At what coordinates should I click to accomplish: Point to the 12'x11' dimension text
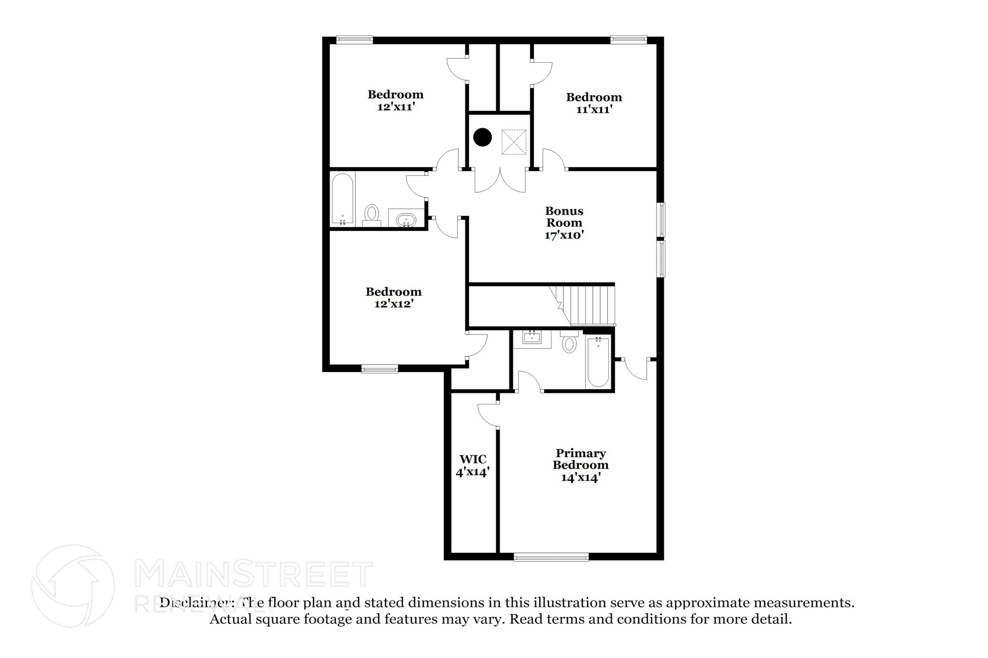[x=396, y=107]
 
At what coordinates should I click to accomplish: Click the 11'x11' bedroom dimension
[x=594, y=109]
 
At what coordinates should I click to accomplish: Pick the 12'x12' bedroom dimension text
[x=394, y=304]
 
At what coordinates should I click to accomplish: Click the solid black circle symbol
[x=482, y=137]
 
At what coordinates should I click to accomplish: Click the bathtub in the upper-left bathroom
[x=343, y=199]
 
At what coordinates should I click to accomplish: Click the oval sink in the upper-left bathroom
[x=406, y=221]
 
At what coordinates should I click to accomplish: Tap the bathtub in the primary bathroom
[x=598, y=362]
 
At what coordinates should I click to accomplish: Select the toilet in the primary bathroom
[x=570, y=342]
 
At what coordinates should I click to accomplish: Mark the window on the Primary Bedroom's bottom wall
[x=551, y=557]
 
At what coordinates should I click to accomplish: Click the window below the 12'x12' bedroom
[x=380, y=370]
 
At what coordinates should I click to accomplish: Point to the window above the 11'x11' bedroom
[x=628, y=40]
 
